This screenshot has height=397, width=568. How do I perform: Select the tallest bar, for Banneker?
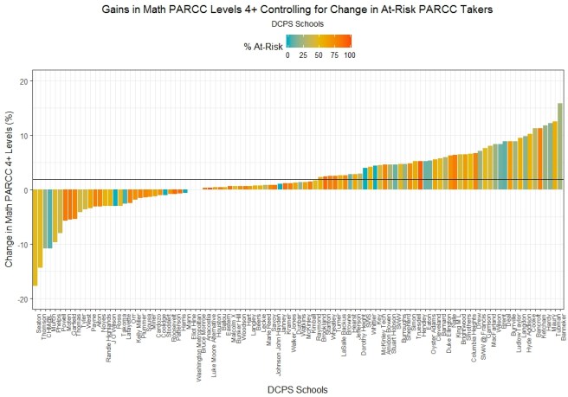pyautogui.click(x=560, y=146)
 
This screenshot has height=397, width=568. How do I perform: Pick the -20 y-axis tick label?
pyautogui.click(x=23, y=299)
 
